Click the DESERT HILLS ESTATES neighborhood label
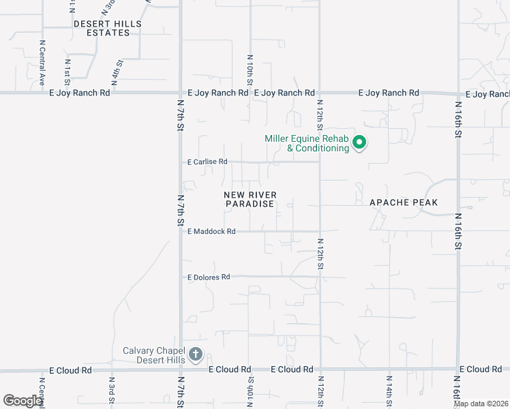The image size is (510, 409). (108, 28)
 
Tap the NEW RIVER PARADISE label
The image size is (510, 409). (250, 199)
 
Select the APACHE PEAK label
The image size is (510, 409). (404, 202)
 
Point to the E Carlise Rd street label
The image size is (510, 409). (207, 162)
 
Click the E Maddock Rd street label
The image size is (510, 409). (211, 232)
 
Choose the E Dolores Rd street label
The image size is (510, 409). (209, 277)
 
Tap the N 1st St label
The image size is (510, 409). (67, 69)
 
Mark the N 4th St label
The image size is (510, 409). (118, 72)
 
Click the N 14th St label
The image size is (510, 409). (389, 389)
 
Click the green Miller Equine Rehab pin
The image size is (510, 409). (359, 143)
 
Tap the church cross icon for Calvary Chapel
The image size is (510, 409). (196, 354)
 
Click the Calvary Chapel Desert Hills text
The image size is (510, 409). (153, 355)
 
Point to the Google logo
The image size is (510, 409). (22, 401)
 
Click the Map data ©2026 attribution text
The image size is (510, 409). (481, 404)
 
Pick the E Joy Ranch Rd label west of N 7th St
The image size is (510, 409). (79, 93)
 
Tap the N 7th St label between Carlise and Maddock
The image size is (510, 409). (181, 211)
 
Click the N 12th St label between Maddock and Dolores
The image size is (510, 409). (320, 254)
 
